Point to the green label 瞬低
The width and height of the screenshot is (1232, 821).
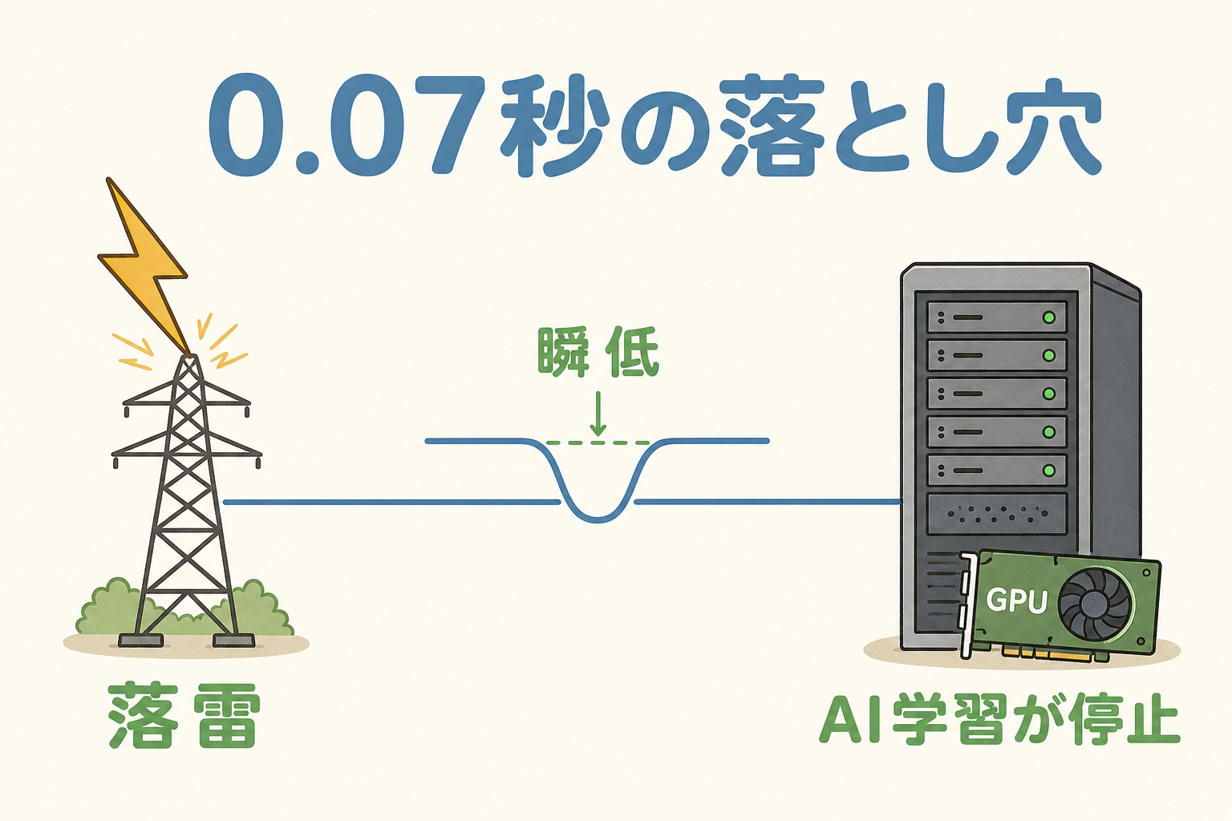click(x=598, y=352)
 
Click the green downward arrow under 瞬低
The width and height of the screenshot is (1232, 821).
click(x=598, y=414)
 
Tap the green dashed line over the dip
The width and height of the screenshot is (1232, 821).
click(x=598, y=443)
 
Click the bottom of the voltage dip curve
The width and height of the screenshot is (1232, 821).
click(x=598, y=519)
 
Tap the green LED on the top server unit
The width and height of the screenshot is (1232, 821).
click(x=1048, y=317)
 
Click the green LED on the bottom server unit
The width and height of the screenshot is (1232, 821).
click(x=1048, y=470)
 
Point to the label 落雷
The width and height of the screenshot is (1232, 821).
click(x=184, y=715)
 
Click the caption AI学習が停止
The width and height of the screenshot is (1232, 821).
click(x=999, y=721)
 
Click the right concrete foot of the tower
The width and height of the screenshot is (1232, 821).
click(x=233, y=641)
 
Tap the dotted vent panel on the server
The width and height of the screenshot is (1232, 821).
click(x=997, y=514)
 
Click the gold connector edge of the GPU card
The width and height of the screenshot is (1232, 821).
click(x=1048, y=653)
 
